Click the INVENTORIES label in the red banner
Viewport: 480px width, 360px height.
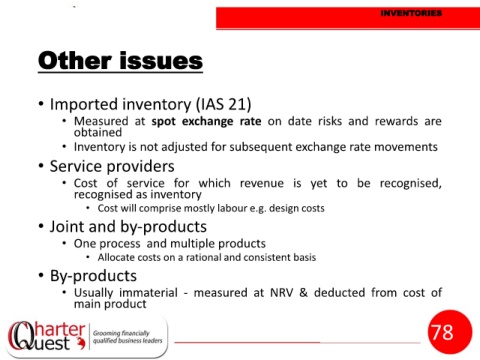[x=411, y=13]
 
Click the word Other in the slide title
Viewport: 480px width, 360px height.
[x=75, y=61]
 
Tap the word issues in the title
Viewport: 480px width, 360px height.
[x=161, y=61]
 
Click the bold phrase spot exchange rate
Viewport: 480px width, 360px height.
[x=206, y=121]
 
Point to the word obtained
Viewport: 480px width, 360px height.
[x=98, y=132]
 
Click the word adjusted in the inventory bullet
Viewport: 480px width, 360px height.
[x=183, y=147]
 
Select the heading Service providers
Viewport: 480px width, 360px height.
[x=112, y=166]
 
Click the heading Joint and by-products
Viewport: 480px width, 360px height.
[x=128, y=227]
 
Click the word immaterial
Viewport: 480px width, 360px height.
[x=148, y=293]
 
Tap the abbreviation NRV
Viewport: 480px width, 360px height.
[x=282, y=293]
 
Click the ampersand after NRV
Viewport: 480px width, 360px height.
[x=303, y=293]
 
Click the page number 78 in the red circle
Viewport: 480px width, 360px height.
[x=442, y=332]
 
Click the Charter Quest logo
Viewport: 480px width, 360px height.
[x=47, y=336]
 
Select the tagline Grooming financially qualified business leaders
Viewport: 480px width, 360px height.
[x=127, y=337]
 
